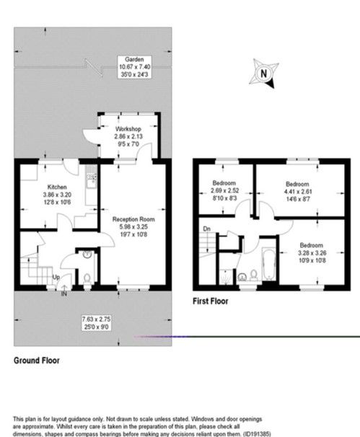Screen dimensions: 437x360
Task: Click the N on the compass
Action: coord(264,73)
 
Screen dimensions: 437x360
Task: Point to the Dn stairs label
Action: coord(207,229)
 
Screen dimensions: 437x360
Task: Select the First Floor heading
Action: coord(210,301)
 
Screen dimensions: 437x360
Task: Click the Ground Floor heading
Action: coord(37,359)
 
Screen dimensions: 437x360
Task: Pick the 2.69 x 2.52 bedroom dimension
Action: coord(222,192)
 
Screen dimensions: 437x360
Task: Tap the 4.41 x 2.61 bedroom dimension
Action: coord(297,192)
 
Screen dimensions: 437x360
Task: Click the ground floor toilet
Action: coord(87,278)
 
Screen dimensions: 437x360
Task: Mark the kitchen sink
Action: coord(91,178)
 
